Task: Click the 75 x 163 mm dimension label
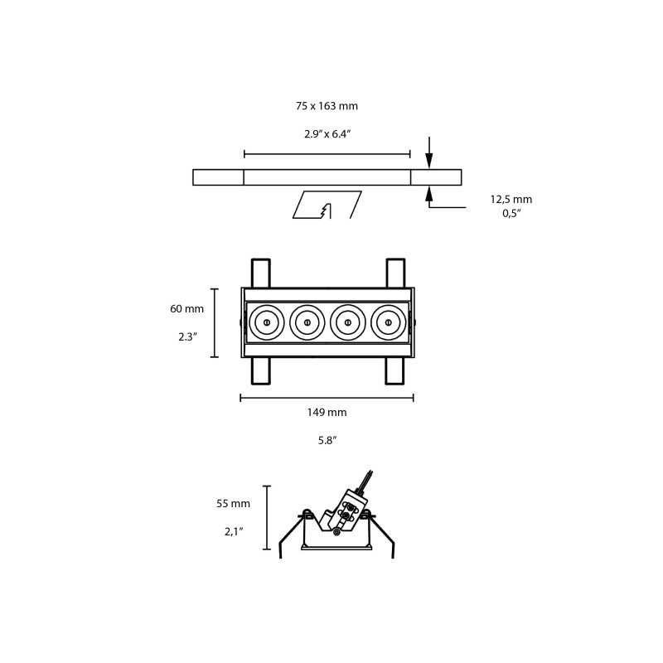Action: click(327, 106)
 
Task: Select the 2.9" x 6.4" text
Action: click(327, 134)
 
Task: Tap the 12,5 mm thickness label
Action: click(511, 199)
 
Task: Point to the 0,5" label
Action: click(511, 213)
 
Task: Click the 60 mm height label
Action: click(187, 308)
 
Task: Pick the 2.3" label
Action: click(188, 337)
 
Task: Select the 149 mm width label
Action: click(327, 412)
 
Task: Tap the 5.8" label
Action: click(327, 441)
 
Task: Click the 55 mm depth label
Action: click(233, 504)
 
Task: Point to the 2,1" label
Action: click(234, 531)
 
